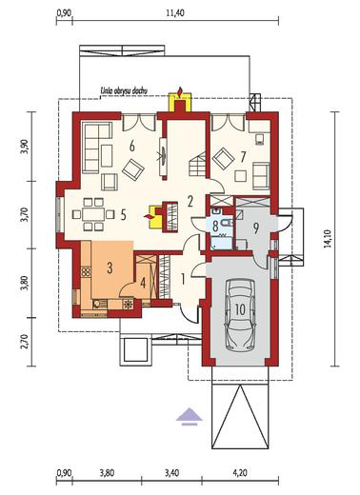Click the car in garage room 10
click(x=240, y=315)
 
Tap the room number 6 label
click(x=132, y=147)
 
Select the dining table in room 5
click(x=93, y=214)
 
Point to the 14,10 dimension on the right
click(x=328, y=238)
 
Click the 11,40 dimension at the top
click(x=174, y=13)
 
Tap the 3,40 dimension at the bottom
click(x=171, y=473)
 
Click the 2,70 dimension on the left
click(x=25, y=342)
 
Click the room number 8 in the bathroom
click(x=215, y=227)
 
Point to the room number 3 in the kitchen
click(x=110, y=268)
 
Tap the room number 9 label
click(x=256, y=228)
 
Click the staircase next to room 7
click(x=197, y=164)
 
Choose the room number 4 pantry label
click(x=143, y=283)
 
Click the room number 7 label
click(x=243, y=157)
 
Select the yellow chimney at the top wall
click(x=180, y=103)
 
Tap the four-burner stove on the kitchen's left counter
click(x=86, y=272)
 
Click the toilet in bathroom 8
click(x=228, y=223)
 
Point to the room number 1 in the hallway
click(x=183, y=279)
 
